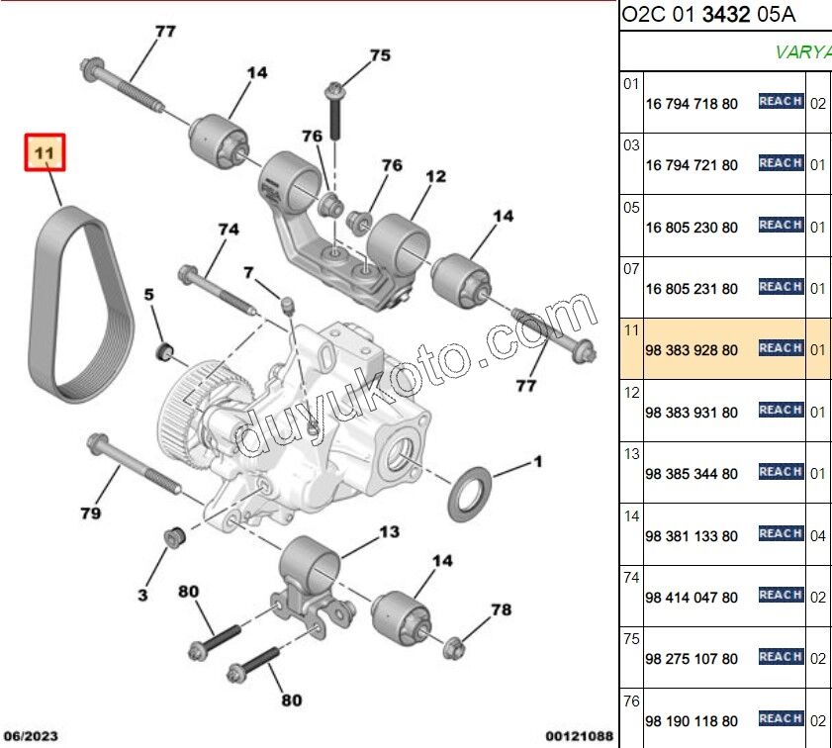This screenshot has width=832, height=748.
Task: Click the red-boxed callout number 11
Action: [x=45, y=152]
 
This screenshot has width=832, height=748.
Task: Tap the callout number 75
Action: [x=380, y=55]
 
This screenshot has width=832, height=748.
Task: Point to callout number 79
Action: [x=91, y=513]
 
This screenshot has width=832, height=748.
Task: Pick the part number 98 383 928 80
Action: [x=692, y=350]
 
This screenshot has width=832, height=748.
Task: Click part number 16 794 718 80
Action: [x=692, y=104]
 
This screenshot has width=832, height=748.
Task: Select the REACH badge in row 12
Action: [x=781, y=410]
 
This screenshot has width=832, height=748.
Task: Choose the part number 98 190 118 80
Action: [x=692, y=721]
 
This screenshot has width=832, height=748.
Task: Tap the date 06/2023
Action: [x=31, y=736]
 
